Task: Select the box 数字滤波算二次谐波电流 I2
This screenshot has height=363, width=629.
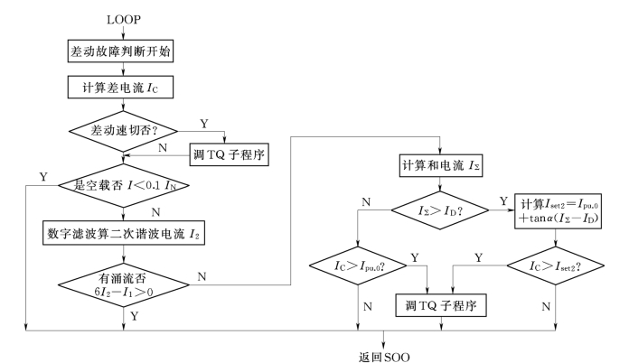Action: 125,231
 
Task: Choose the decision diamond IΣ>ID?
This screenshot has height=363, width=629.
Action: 437,210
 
